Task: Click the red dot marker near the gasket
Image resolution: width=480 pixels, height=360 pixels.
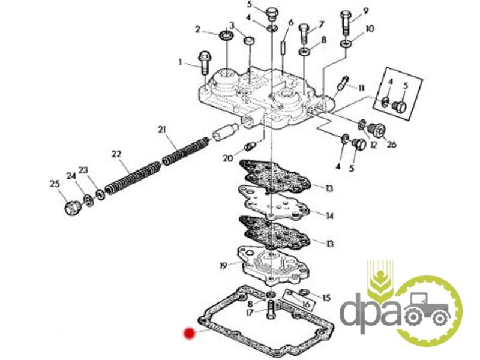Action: point(189,334)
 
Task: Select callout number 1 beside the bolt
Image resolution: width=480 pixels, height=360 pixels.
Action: point(181,62)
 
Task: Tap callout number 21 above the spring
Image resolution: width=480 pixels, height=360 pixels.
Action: point(162,130)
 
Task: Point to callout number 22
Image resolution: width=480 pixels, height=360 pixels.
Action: point(116,154)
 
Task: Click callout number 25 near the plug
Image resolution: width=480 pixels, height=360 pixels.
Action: point(55,184)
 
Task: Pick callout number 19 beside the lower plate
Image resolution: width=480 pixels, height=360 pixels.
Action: point(223,265)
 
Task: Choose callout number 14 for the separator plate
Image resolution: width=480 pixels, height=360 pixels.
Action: point(329,216)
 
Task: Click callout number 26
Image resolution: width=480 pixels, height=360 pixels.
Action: point(392,144)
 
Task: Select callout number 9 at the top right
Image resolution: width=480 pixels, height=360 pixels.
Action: point(365,11)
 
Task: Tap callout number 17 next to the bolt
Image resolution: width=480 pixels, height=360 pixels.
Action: point(250,313)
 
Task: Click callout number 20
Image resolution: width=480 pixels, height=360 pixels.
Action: point(228,158)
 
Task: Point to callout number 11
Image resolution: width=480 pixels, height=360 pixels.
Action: point(361,88)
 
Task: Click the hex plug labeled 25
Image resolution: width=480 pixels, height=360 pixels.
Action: point(72,209)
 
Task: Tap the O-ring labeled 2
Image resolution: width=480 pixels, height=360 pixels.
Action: point(226,35)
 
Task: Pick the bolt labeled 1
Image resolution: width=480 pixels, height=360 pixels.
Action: point(205,63)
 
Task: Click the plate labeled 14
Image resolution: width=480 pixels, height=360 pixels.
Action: point(274,202)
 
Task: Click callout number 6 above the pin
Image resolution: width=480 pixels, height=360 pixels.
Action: point(291,22)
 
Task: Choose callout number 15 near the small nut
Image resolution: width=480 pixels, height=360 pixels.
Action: point(326,298)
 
